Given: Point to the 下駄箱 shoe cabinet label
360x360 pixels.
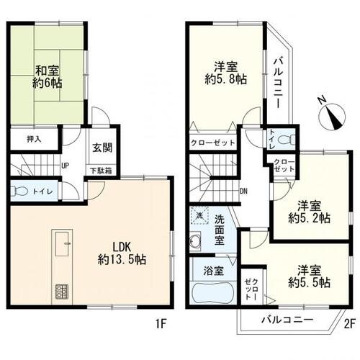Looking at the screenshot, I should (x=101, y=171).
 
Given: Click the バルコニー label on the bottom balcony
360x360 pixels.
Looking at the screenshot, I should (x=286, y=320).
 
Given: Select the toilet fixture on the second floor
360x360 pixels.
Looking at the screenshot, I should (x=288, y=139).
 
